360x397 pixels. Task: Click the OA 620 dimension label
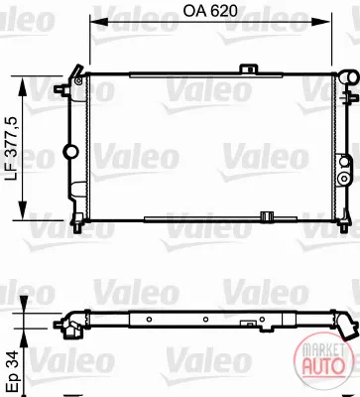coord(210,11)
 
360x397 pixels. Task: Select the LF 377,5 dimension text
coord(14,148)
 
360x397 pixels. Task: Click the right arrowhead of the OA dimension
coord(321,22)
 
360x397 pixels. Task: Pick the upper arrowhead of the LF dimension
coord(23,87)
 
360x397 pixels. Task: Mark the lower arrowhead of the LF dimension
coord(23,209)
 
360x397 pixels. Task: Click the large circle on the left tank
coord(70,152)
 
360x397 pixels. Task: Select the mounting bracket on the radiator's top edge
coord(250,68)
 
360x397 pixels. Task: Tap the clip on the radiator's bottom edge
coord(266,216)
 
